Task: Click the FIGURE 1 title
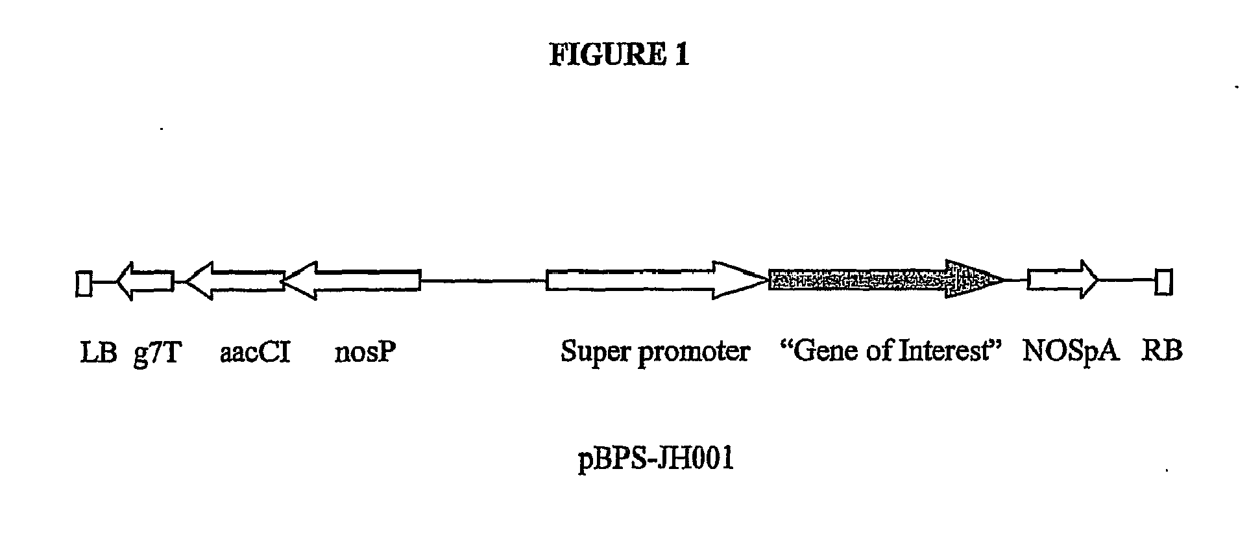(x=619, y=55)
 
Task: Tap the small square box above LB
(x=84, y=283)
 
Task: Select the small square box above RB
(x=1163, y=283)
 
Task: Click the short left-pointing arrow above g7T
(x=146, y=281)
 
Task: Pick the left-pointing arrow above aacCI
(x=235, y=281)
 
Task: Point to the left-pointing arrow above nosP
(x=354, y=281)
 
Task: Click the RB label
(x=1162, y=352)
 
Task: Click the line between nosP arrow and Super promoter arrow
(x=483, y=281)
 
